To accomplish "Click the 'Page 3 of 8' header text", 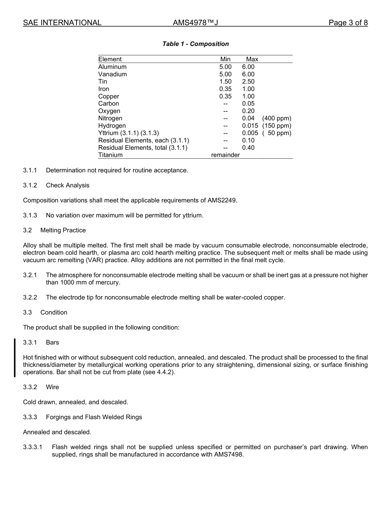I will point(348,23).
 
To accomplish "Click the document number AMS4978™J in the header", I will point(195,23).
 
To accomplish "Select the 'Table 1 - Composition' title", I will point(195,44).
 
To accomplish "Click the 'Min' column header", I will point(226,59).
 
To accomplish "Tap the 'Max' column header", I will point(252,59).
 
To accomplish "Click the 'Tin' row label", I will point(102,81).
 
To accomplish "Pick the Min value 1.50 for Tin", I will point(225,81).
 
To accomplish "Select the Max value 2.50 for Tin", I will point(248,81).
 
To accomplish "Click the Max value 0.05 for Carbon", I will point(248,104).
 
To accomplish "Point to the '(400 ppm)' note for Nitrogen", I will point(277,118).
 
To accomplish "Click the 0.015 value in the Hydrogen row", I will point(250,126).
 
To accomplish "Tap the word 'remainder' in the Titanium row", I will point(225,155).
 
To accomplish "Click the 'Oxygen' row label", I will point(109,111).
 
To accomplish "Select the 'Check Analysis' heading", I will point(67,186).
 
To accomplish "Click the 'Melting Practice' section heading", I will point(63,230).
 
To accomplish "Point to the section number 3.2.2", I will point(30,297).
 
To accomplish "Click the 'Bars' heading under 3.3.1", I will point(53,342).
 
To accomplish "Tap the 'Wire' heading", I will point(52,387).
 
